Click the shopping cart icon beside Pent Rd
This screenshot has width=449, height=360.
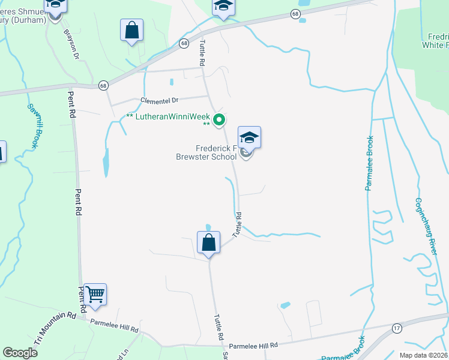(x=95, y=295)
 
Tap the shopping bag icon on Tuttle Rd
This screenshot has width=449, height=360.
(x=209, y=244)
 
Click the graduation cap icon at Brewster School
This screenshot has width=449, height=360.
(x=249, y=138)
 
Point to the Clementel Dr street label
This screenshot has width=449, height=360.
(x=160, y=101)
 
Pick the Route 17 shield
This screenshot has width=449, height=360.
(x=397, y=328)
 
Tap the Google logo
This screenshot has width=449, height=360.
(x=20, y=353)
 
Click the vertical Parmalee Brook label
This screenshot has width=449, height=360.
(x=369, y=163)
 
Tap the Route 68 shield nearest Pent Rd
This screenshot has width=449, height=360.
(x=103, y=85)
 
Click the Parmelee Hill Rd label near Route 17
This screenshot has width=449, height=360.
(x=254, y=346)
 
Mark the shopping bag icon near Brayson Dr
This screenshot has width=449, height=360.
(x=131, y=30)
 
